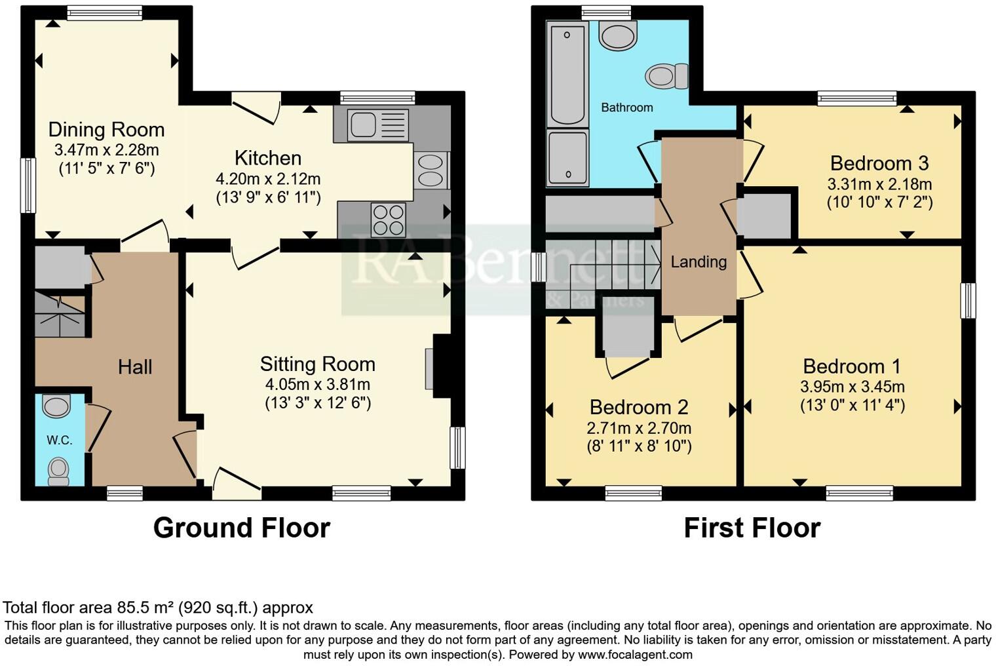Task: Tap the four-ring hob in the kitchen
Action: tap(388, 220)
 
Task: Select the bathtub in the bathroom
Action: tap(567, 73)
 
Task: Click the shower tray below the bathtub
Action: tap(567, 157)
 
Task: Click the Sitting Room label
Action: tap(317, 364)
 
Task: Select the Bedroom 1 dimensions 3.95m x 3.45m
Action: tap(852, 387)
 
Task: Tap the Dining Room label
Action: tap(106, 129)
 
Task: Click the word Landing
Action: tap(699, 262)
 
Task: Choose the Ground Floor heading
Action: tap(241, 528)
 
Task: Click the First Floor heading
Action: tap(752, 528)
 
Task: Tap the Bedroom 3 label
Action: tap(879, 163)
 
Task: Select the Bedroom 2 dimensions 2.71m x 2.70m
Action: tap(638, 428)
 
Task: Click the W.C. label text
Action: tap(59, 440)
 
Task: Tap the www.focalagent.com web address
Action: tap(635, 654)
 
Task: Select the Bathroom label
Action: tap(626, 107)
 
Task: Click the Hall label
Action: tap(135, 366)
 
